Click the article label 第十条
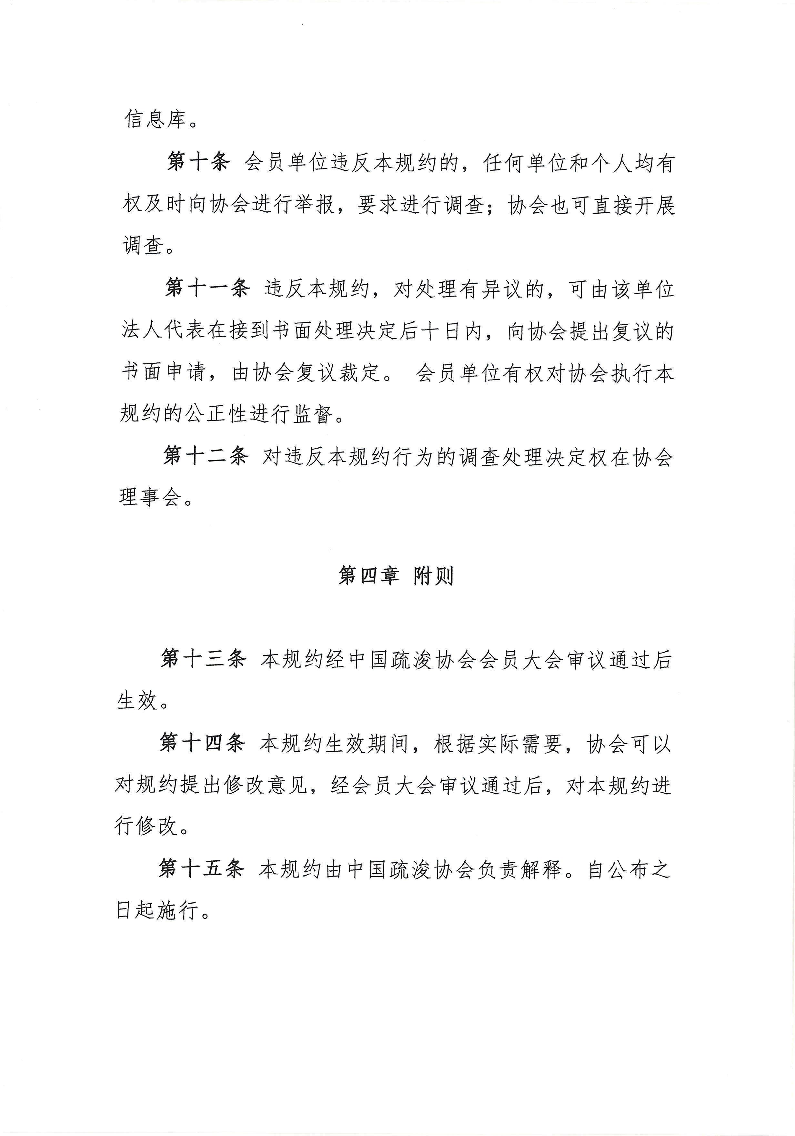coord(198,163)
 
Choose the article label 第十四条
coord(202,743)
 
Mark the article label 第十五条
coord(201,870)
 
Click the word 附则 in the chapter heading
coord(433,576)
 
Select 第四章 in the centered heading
coord(368,576)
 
